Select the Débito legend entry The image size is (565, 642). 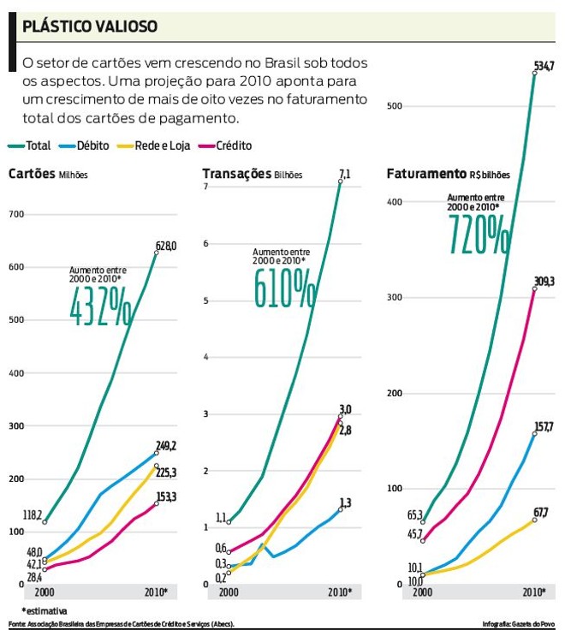click(x=86, y=146)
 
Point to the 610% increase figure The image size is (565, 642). click(x=283, y=288)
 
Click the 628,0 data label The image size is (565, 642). click(x=165, y=247)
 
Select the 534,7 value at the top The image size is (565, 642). click(x=544, y=66)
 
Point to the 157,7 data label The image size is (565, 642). click(x=543, y=426)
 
